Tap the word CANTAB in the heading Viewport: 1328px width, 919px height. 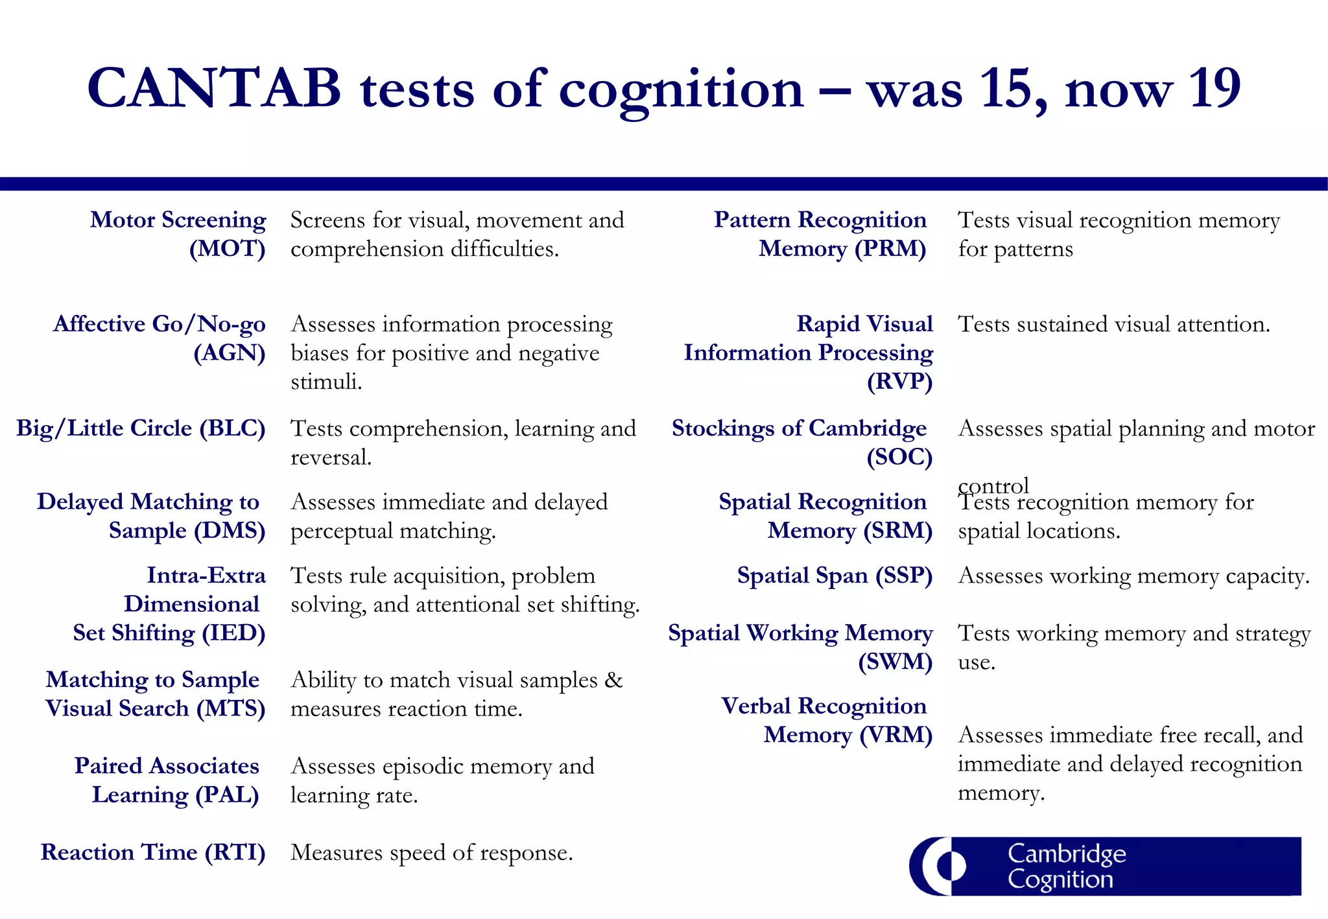coord(214,88)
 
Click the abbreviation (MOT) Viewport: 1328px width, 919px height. coord(227,249)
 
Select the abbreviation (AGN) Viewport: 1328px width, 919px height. coord(230,353)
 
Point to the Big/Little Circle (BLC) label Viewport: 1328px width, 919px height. coord(141,428)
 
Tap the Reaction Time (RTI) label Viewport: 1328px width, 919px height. coord(153,852)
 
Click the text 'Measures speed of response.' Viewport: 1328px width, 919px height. coord(431,852)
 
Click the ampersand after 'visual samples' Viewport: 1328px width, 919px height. coord(613,680)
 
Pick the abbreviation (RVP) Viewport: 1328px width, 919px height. coord(899,382)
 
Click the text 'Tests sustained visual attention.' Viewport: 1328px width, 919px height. coord(1113,324)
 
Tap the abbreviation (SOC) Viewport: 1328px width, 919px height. coord(899,458)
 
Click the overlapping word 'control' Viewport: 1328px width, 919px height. coord(993,485)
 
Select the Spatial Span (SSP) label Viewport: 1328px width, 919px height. coord(835,576)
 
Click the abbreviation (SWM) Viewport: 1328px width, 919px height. coord(895,662)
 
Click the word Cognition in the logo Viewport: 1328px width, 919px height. coord(1060,879)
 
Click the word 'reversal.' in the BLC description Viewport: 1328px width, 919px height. coord(331,458)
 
